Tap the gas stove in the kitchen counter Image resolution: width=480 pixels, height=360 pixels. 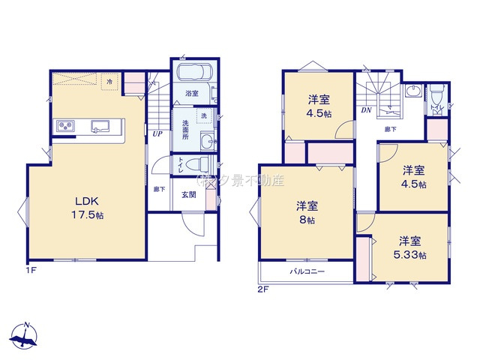coord(64,126)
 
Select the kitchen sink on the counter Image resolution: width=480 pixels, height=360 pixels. coord(100,125)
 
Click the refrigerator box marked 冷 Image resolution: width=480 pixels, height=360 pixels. coord(109,80)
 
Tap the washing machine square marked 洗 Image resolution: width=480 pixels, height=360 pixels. coord(204,116)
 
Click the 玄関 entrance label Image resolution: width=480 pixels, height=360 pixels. coord(188,195)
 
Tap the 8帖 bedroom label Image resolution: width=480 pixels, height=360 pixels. coord(305,211)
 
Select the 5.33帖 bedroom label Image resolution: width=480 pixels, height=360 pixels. coord(409,247)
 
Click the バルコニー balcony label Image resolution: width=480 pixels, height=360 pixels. coord(307,271)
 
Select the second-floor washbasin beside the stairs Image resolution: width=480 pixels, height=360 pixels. coord(412,92)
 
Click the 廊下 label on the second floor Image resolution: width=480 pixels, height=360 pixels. coord(391,129)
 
